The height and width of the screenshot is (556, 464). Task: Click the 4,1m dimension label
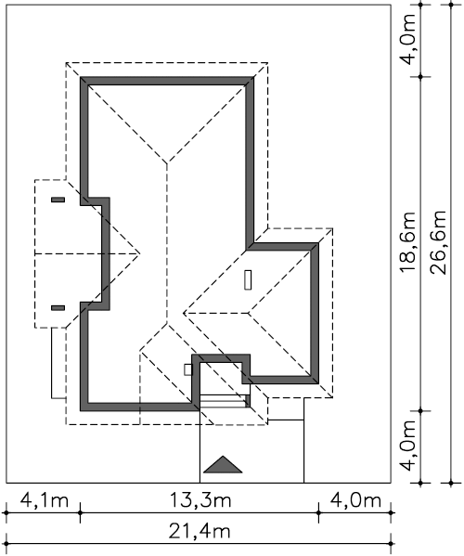pyautogui.click(x=44, y=500)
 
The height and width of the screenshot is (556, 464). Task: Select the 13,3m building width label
pyautogui.click(x=200, y=500)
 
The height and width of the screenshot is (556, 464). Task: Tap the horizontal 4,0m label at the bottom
pyautogui.click(x=355, y=500)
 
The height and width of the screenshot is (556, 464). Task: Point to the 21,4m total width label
pyautogui.click(x=200, y=531)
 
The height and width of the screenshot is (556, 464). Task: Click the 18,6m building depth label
pyautogui.click(x=407, y=242)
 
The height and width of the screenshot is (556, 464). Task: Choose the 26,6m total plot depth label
pyautogui.click(x=438, y=242)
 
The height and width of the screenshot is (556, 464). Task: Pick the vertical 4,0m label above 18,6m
pyautogui.click(x=407, y=40)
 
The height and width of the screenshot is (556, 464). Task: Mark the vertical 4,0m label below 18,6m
pyautogui.click(x=407, y=446)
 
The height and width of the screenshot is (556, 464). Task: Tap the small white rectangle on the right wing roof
pyautogui.click(x=248, y=279)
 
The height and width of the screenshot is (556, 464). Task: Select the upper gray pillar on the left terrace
pyautogui.click(x=58, y=200)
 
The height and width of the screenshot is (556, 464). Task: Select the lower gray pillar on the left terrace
pyautogui.click(x=58, y=308)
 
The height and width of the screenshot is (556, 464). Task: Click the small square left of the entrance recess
pyautogui.click(x=187, y=369)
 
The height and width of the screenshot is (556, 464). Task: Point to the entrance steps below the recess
pyautogui.click(x=225, y=401)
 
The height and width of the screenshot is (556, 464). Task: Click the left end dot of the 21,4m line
pyautogui.click(x=6, y=544)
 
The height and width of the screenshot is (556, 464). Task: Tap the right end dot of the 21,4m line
pyautogui.click(x=391, y=544)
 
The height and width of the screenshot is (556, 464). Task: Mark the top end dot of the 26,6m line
pyautogui.click(x=451, y=5)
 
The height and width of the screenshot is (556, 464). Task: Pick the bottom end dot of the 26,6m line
pyautogui.click(x=451, y=483)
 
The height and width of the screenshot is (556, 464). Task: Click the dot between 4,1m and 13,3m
pyautogui.click(x=80, y=512)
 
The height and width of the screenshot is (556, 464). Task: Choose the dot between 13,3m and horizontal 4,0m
pyautogui.click(x=318, y=512)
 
